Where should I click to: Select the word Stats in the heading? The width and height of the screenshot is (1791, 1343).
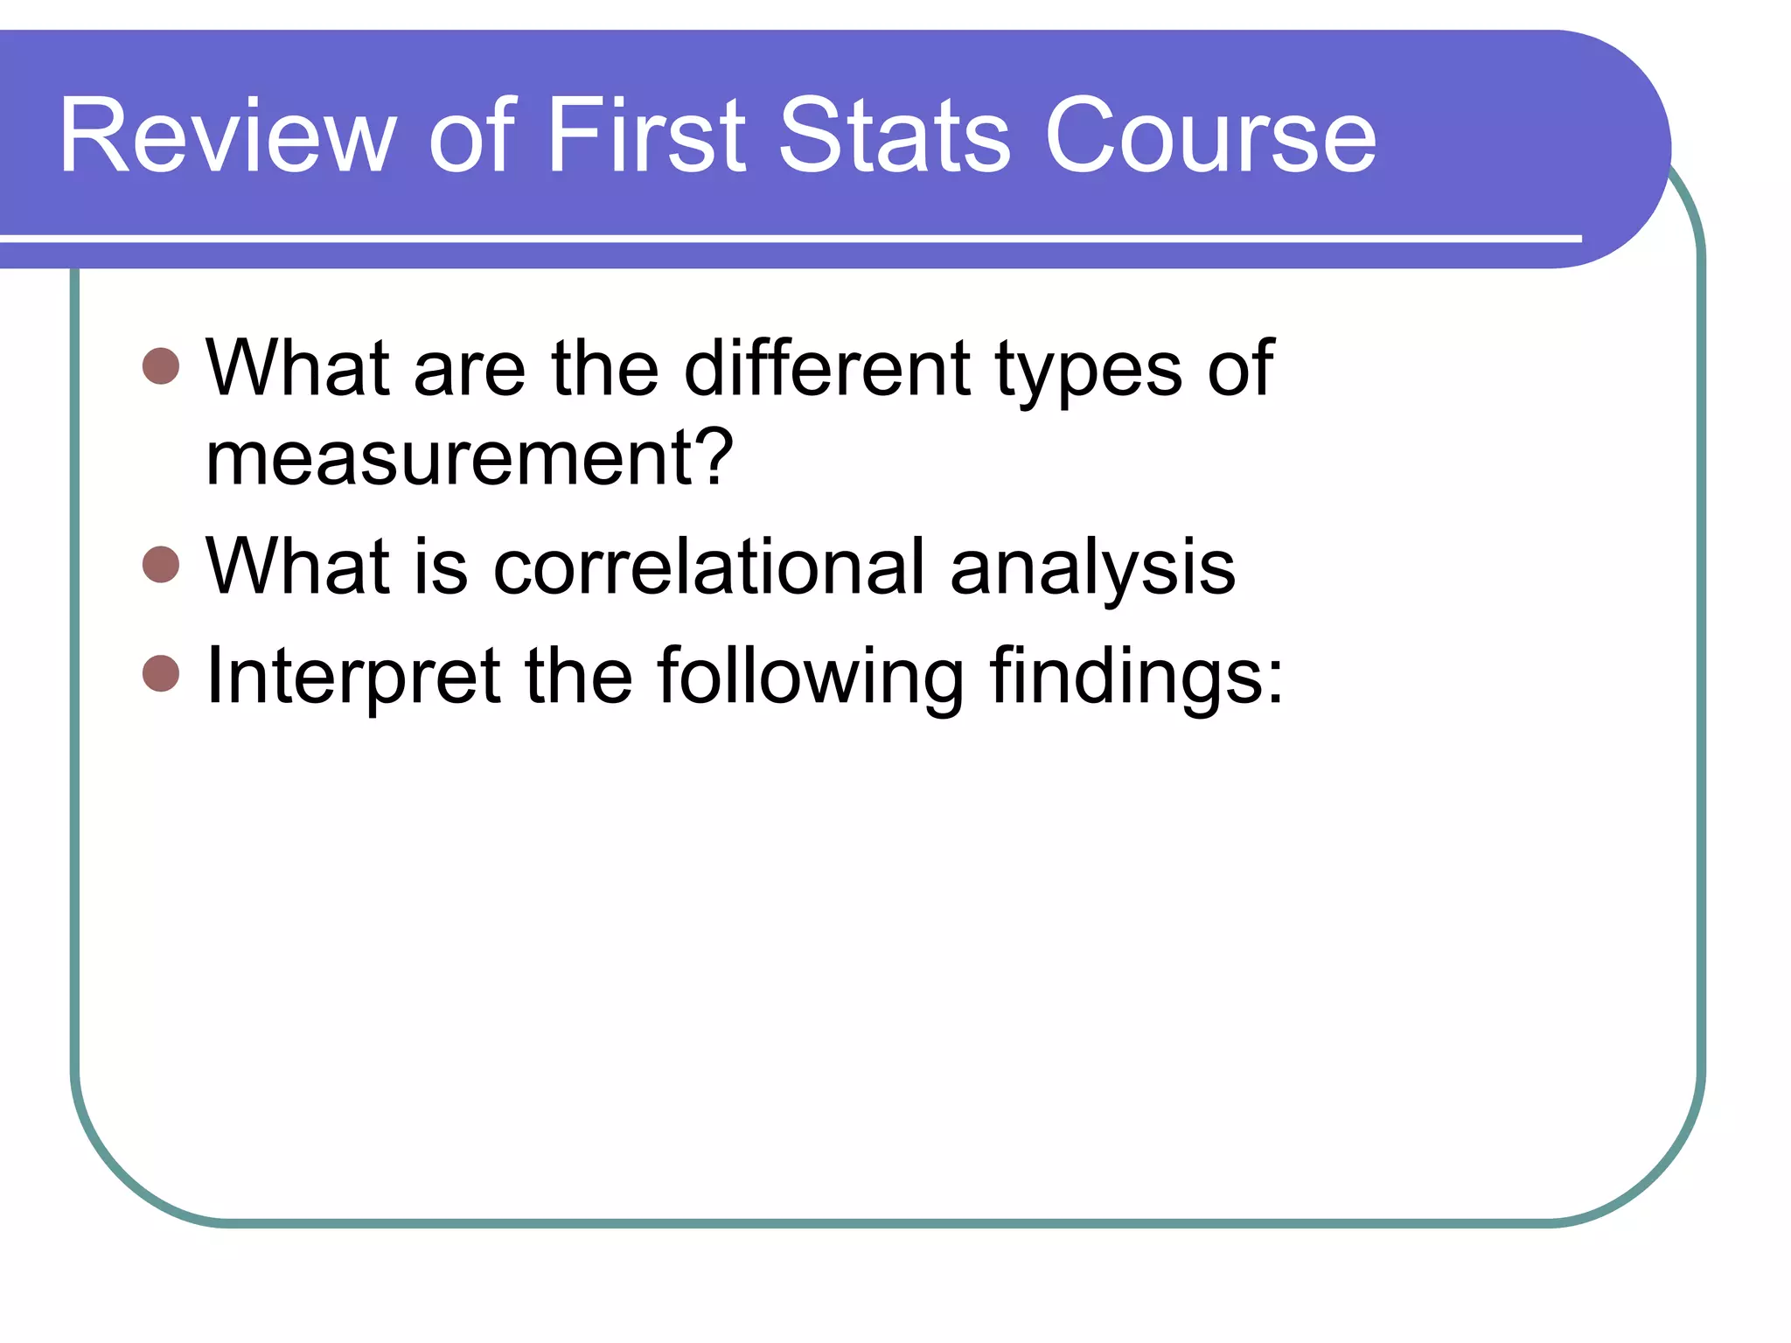[x=895, y=136]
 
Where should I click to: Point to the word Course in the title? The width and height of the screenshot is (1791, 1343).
[x=1210, y=136]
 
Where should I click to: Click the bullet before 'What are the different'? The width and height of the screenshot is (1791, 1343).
[x=161, y=366]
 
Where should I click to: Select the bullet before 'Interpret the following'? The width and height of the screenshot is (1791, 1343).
[x=161, y=673]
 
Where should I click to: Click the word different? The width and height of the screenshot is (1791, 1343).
[x=826, y=368]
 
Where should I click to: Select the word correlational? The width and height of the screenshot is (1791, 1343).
[x=708, y=567]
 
